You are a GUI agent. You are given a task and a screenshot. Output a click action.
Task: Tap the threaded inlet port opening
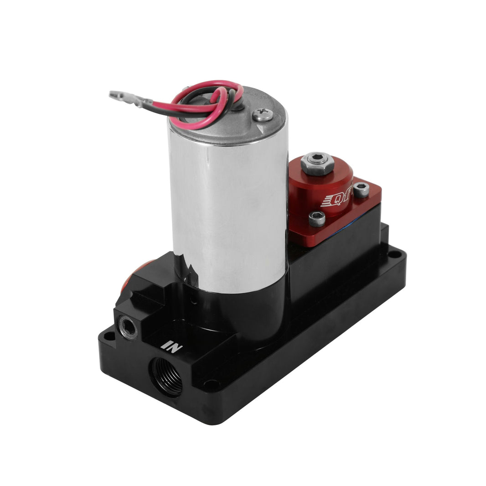click(166, 376)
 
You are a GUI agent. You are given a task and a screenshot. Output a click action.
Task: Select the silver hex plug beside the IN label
click(128, 327)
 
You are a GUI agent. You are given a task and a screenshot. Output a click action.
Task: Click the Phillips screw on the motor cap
click(263, 114)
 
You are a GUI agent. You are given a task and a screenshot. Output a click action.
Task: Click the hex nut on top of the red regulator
click(317, 163)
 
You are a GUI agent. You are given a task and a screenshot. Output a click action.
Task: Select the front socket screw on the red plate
click(317, 219)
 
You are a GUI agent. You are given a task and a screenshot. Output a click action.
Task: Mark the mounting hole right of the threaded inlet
click(211, 384)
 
